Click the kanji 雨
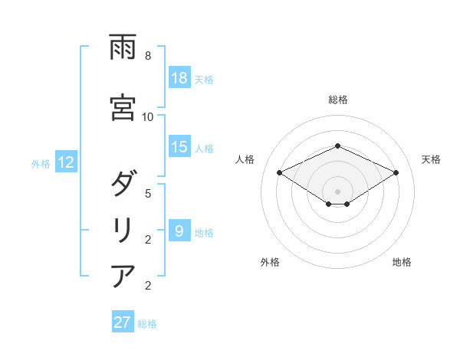[123, 48]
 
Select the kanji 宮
[123, 108]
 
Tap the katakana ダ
[123, 185]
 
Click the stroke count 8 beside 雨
[148, 56]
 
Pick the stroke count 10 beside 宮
[148, 116]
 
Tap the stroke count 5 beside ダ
[148, 193]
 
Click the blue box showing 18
[179, 78]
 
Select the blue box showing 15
[179, 147]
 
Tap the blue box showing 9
[179, 231]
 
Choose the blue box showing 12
[65, 162]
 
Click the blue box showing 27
[123, 322]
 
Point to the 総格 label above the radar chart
[338, 100]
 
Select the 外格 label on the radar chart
[270, 262]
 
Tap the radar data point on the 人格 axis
[280, 172]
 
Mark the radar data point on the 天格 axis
[396, 172]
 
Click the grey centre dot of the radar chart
[338, 191]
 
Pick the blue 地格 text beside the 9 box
[205, 232]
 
